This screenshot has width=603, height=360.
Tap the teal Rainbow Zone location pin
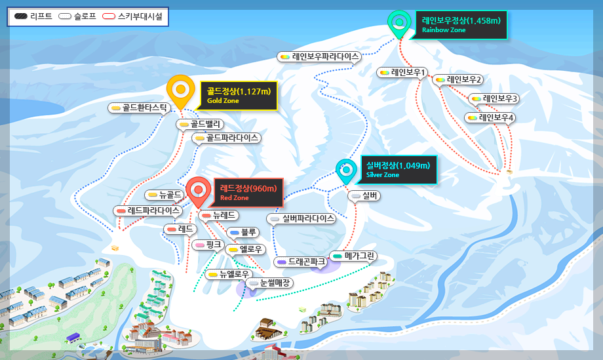(399, 22)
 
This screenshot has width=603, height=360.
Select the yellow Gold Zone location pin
(180, 90)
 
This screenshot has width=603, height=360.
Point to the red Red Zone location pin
(199, 190)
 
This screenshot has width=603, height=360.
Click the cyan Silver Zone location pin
(347, 170)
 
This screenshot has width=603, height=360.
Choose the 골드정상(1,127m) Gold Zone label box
(239, 96)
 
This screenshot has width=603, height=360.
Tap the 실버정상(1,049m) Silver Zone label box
(398, 170)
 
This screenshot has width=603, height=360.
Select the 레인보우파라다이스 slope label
(320, 57)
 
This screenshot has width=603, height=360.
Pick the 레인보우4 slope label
(491, 118)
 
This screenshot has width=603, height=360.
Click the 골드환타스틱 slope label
(140, 108)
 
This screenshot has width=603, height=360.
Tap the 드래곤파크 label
(301, 261)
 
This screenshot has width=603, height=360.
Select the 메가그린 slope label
(353, 256)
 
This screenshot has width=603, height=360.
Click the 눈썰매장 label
(270, 283)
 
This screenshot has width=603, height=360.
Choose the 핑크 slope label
(209, 245)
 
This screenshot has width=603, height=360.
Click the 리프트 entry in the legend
(33, 16)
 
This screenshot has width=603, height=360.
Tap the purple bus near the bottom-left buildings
(73, 337)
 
